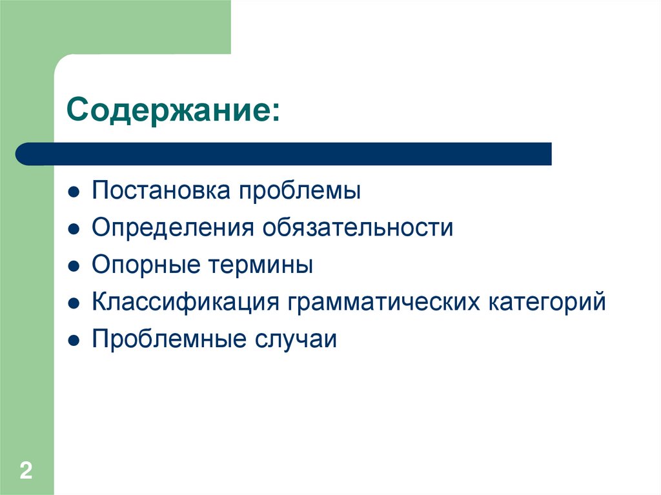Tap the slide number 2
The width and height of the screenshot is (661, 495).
[26, 470]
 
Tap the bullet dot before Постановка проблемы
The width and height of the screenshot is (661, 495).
[74, 193]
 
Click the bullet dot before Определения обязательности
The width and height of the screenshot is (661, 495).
[74, 230]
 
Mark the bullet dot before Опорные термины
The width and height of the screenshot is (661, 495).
[74, 267]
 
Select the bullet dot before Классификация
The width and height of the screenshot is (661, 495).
[74, 303]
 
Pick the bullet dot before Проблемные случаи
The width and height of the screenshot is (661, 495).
[74, 340]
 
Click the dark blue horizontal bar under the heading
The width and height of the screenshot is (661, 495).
[284, 154]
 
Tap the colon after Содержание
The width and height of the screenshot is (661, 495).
[276, 112]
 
